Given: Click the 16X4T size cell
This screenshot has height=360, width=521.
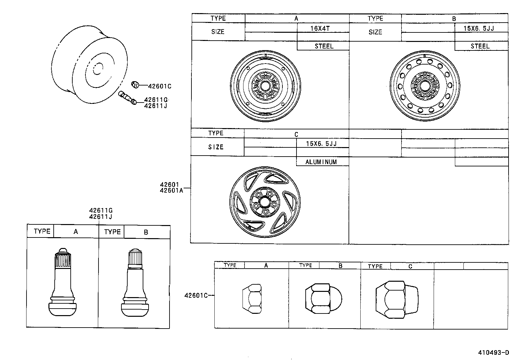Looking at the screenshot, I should coord(320,28).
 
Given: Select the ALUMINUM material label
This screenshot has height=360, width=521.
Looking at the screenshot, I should coord(321,162).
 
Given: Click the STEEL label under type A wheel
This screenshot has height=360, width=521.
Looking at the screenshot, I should coord(324,46).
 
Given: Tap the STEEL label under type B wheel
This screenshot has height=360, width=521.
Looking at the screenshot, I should coord(480,46).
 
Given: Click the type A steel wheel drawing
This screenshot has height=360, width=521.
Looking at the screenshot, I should coord(265,86).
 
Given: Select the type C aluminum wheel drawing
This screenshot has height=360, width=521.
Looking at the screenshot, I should coord(265,202).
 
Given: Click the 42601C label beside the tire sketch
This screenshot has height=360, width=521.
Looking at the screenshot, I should coord(160,86).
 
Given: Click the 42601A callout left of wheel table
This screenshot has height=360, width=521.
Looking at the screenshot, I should coord(171,190).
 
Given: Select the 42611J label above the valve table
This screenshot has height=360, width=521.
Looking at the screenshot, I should coord(101,217).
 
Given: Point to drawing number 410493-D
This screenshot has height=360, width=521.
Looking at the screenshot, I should coord(494,352).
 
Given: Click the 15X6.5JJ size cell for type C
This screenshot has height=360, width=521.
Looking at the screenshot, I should coord(321,143).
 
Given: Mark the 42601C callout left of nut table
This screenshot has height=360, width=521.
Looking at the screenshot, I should coord(196,295).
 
